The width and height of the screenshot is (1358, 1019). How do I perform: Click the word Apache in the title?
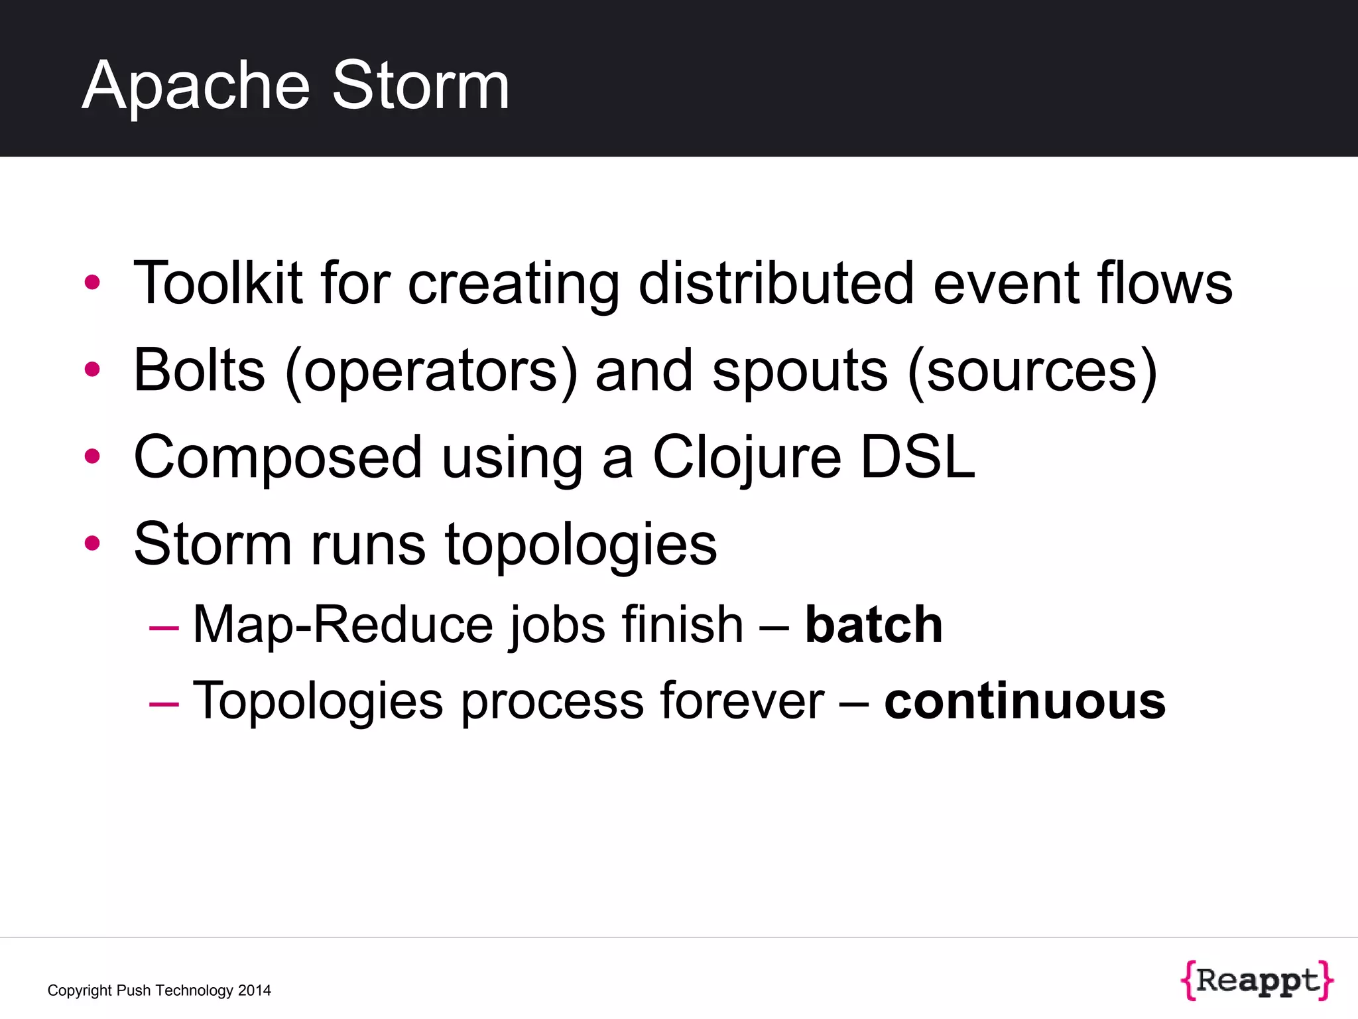click(x=196, y=86)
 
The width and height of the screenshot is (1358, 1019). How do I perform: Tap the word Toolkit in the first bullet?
click(x=218, y=283)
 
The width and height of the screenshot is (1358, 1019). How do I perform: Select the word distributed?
click(x=776, y=283)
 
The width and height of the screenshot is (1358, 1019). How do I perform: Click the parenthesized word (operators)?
click(x=431, y=372)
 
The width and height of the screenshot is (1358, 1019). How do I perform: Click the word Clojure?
click(x=747, y=458)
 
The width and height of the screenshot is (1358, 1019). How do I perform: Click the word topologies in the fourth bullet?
click(x=580, y=545)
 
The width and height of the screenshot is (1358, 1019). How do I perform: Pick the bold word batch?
click(x=873, y=625)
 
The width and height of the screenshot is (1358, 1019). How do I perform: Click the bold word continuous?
click(x=1024, y=701)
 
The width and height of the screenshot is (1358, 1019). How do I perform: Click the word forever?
click(x=741, y=701)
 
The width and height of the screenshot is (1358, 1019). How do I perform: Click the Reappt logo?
click(x=1257, y=980)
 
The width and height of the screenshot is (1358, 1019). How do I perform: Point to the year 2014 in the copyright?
click(x=255, y=990)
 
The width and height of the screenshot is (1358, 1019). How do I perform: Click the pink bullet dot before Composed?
click(x=92, y=456)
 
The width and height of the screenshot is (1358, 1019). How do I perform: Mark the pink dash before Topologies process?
click(x=164, y=703)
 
